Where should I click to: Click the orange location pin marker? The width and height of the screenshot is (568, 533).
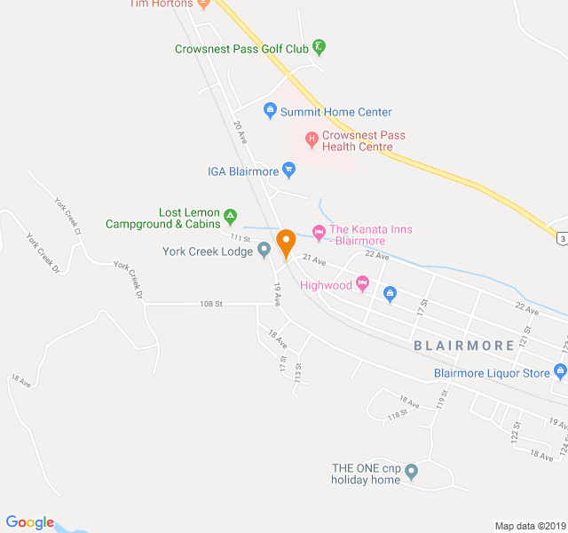(x=286, y=242)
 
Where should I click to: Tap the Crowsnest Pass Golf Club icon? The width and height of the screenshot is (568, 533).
(x=319, y=48)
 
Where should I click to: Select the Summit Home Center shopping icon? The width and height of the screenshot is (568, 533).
(x=270, y=112)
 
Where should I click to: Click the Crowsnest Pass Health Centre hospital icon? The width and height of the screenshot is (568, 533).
(x=312, y=139)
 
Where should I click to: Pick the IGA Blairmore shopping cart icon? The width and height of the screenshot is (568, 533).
(x=288, y=169)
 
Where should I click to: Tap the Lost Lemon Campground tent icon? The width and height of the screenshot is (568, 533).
(x=230, y=215)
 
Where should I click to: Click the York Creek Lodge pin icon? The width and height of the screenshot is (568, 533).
(x=264, y=251)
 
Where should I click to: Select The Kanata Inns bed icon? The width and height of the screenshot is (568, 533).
(x=319, y=232)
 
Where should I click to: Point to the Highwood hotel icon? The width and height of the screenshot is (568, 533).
(x=362, y=284)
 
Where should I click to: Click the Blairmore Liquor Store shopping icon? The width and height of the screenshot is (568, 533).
(x=559, y=371)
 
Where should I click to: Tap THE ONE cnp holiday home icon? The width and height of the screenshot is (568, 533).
(x=411, y=470)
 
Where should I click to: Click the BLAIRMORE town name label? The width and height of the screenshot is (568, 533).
(x=463, y=346)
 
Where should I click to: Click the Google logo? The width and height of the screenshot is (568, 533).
(x=30, y=523)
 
